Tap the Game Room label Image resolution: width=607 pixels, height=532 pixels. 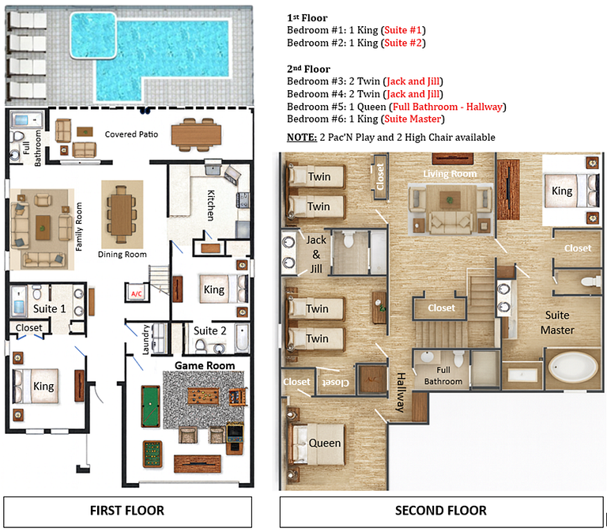pyautogui.click(x=205, y=365)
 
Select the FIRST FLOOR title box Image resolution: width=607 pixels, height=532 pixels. pyautogui.click(x=127, y=510)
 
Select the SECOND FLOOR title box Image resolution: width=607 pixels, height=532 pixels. pyautogui.click(x=440, y=510)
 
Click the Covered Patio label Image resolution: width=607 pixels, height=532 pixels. pyautogui.click(x=131, y=134)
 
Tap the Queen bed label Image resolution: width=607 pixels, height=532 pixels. pyautogui.click(x=325, y=443)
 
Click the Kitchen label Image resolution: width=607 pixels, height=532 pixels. pyautogui.click(x=210, y=205)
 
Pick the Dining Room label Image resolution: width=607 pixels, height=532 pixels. pyautogui.click(x=122, y=255)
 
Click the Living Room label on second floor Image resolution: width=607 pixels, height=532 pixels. pyautogui.click(x=450, y=173)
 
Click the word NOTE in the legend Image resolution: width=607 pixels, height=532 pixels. pyautogui.click(x=302, y=137)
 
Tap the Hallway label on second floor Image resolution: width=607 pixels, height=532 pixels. pyautogui.click(x=400, y=392)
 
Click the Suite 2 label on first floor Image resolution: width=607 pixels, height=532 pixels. pyautogui.click(x=210, y=330)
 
